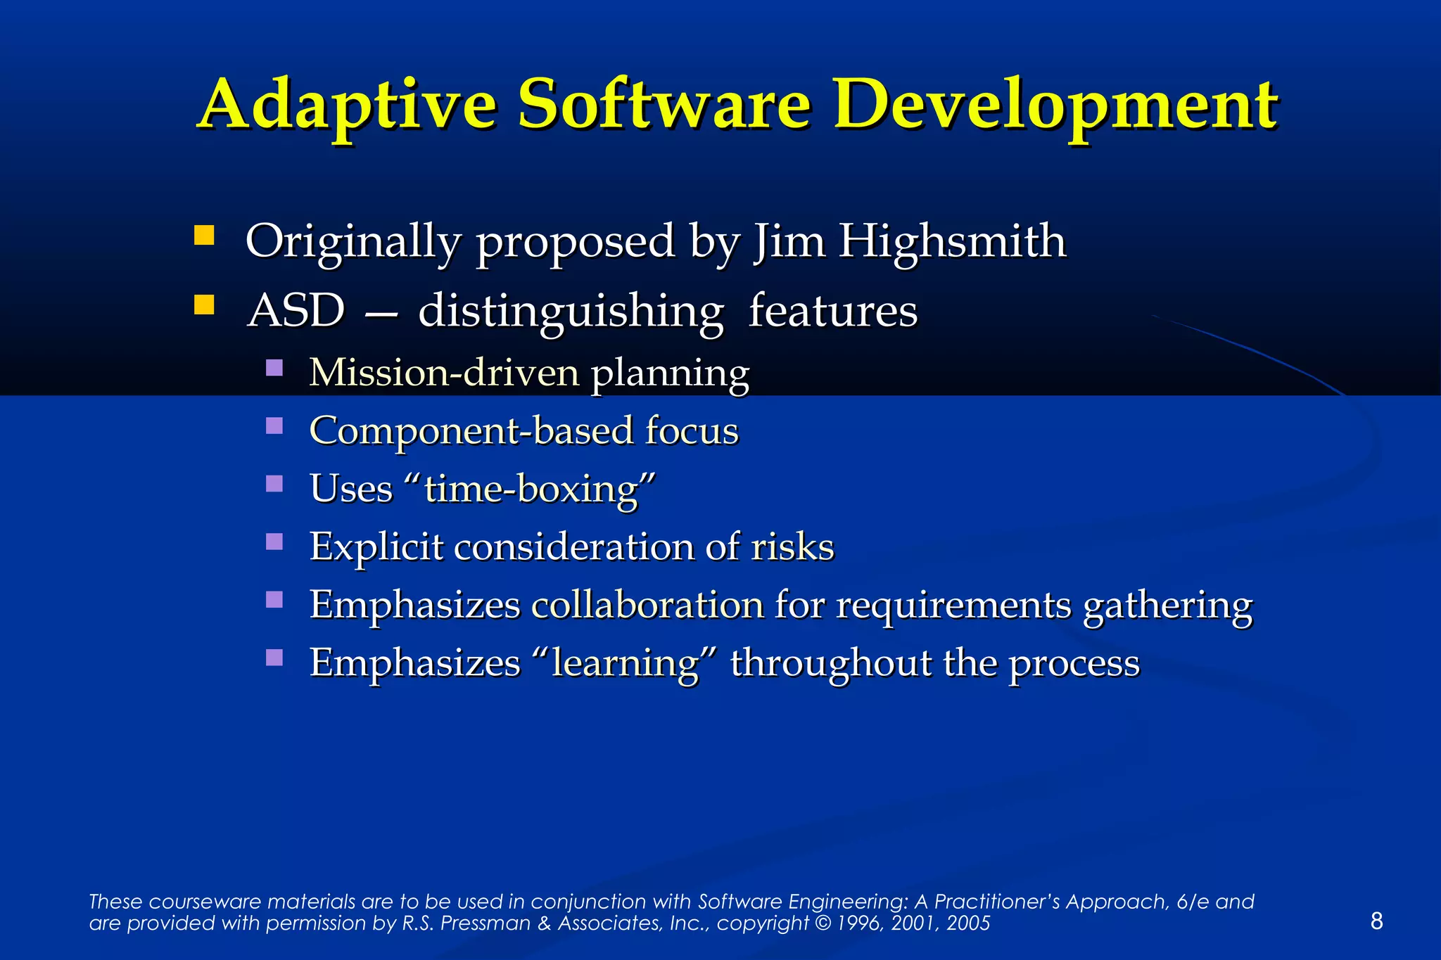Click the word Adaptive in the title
(348, 105)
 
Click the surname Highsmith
(952, 242)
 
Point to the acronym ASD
(296, 310)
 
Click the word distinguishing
(571, 312)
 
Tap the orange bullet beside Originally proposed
(204, 235)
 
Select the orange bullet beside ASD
(204, 305)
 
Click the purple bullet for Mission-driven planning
(274, 367)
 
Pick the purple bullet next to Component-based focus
(274, 425)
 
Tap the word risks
(792, 546)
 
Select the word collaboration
(647, 604)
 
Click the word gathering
(1167, 606)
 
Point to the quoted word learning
(624, 663)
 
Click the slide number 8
(1377, 921)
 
